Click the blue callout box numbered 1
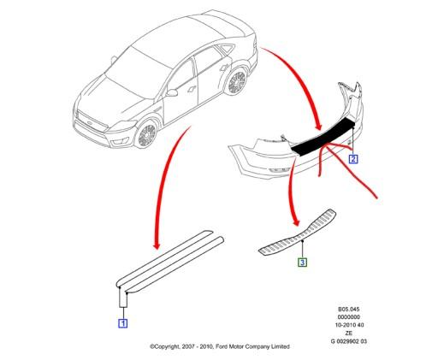123,323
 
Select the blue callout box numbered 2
353,159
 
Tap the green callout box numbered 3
302,262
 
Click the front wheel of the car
147,134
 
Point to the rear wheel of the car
237,82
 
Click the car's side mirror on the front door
172,92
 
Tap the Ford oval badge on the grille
90,123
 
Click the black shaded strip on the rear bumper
323,136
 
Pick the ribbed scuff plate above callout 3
298,233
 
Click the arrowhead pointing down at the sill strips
157,245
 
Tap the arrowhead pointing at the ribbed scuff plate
297,221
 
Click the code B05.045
348,309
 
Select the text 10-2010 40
349,325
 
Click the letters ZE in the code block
349,333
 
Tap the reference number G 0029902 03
349,341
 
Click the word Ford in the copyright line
222,346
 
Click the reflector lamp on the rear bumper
280,170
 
